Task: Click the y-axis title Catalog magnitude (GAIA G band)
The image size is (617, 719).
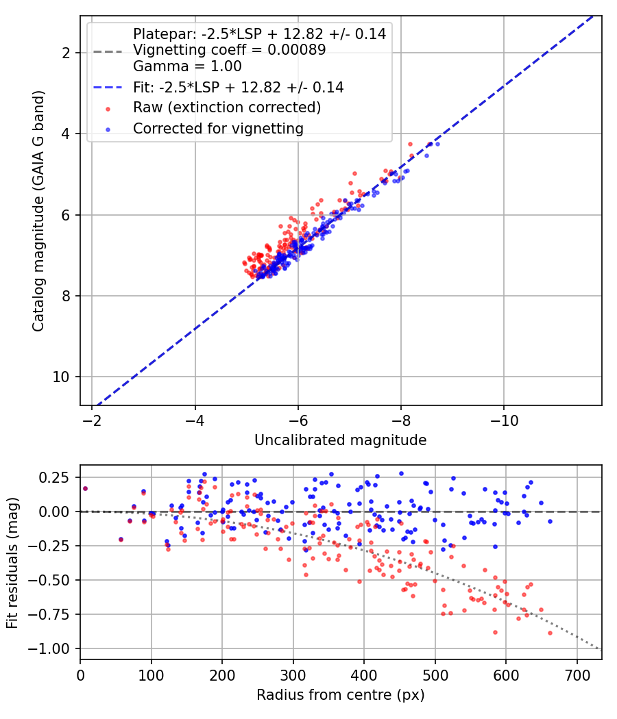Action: coord(38,211)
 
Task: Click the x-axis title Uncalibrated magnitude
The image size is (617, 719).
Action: coord(340,440)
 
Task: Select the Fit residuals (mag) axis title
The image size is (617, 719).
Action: coord(12,563)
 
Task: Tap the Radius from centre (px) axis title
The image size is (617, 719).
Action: coord(340,695)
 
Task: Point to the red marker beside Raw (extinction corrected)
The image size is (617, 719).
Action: coord(108,109)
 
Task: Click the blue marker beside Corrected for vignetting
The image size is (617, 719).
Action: coord(108,130)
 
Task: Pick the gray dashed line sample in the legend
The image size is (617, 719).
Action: coord(108,51)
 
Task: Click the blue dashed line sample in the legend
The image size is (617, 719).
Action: coord(108,88)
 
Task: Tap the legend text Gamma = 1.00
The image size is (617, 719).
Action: coord(187,66)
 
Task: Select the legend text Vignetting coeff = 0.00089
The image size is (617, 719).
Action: coord(230,49)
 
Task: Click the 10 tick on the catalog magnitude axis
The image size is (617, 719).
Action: coord(60,377)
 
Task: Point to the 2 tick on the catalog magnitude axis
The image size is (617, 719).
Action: coord(66,53)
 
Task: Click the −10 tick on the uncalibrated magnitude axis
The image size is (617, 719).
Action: coord(504,420)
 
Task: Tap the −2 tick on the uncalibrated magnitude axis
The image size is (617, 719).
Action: coord(93,420)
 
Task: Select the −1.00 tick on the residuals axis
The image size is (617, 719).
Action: coord(49,648)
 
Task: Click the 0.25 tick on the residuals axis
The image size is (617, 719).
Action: coord(54,477)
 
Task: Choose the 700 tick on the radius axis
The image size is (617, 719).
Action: coord(577,675)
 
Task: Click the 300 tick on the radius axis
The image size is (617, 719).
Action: coord(293,675)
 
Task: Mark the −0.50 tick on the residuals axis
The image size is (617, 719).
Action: coord(49,580)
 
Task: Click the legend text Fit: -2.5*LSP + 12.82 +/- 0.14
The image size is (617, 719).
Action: coord(239,87)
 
